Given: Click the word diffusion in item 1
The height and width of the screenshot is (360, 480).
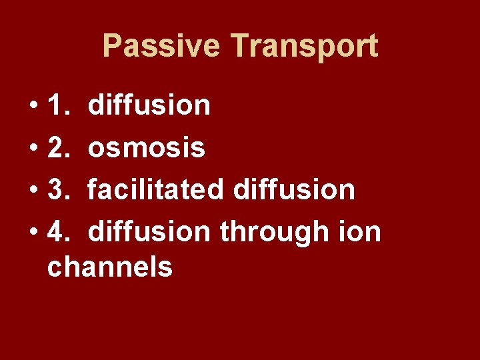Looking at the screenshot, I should pos(149,105).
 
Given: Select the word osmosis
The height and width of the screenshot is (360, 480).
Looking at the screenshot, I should pos(147,148).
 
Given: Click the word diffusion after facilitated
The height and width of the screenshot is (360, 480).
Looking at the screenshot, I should pos(294,190).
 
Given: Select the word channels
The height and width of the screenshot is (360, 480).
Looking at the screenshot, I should pos(110,267).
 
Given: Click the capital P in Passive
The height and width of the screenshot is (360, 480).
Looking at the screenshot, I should pos(112,47).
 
